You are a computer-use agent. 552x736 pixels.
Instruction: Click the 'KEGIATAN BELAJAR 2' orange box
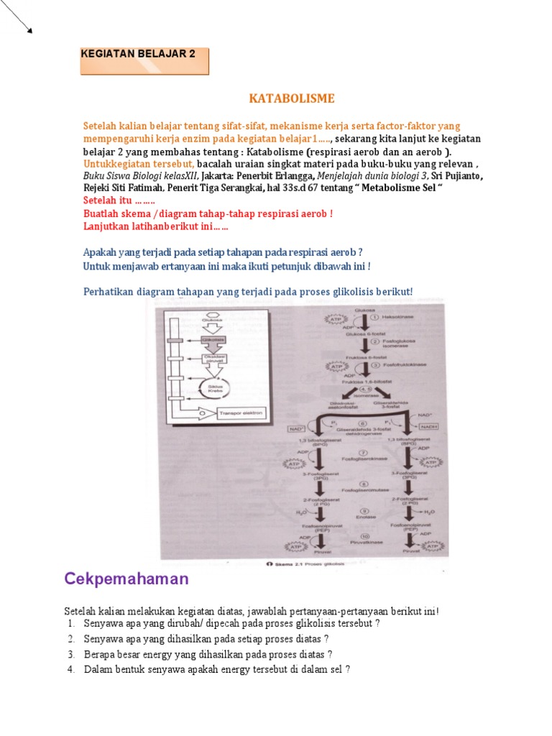click(144, 61)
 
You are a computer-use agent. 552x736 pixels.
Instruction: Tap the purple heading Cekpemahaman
click(126, 579)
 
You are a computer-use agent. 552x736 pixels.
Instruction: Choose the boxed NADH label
click(427, 426)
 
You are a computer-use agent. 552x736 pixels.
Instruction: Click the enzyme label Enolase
click(365, 515)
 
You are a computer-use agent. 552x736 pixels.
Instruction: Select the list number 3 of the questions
click(72, 654)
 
